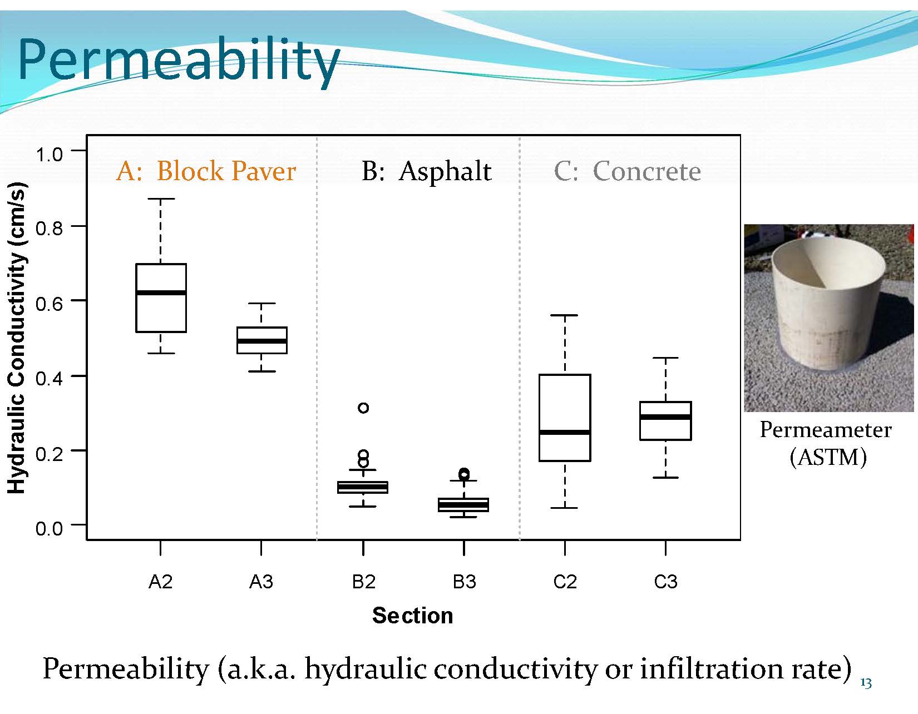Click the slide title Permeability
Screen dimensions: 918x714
[x=178, y=61]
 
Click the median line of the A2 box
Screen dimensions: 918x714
[x=161, y=292]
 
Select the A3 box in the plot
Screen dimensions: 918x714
[x=262, y=340]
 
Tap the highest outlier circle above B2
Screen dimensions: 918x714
[x=363, y=408]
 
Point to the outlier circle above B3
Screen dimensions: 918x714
[x=464, y=473]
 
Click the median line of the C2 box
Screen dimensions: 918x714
[x=565, y=432]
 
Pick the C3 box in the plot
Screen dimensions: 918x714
[x=665, y=420]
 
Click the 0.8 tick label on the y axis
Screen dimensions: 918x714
[x=49, y=229]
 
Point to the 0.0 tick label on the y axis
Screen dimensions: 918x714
[x=49, y=528]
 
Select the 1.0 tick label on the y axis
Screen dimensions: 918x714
[x=49, y=155]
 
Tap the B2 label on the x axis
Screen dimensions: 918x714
[x=363, y=582]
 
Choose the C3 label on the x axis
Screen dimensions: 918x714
[x=665, y=582]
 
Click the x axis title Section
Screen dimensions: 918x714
[x=413, y=616]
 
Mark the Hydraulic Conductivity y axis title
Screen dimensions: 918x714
[x=17, y=338]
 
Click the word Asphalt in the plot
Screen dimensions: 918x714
[x=445, y=172]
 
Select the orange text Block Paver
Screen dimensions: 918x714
[x=226, y=171]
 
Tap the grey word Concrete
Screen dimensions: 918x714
[x=647, y=171]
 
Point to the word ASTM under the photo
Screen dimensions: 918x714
[x=828, y=457]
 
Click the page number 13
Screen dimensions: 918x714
[x=866, y=683]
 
